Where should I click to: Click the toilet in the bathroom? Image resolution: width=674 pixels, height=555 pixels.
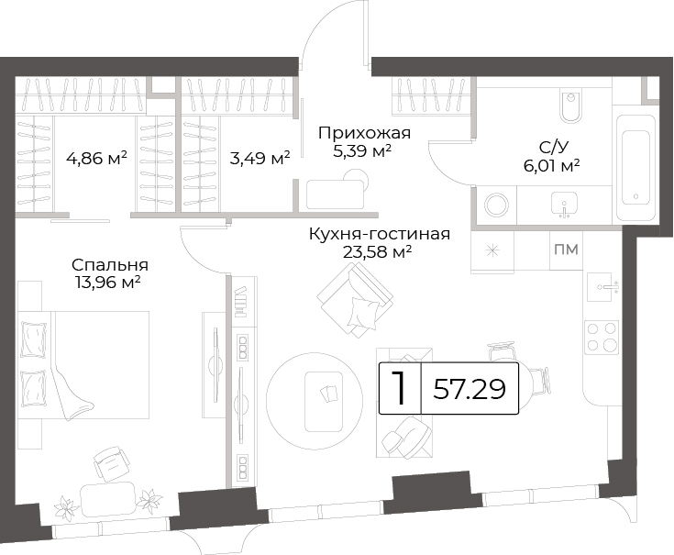tap(570, 106)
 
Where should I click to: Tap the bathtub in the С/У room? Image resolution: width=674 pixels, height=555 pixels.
tap(635, 168)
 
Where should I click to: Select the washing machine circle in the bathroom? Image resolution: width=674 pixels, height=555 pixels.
tap(497, 205)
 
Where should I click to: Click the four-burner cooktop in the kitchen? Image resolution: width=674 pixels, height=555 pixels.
tap(602, 337)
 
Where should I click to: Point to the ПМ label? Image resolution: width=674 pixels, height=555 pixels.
tap(566, 250)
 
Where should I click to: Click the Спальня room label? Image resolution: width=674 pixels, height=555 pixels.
tap(110, 265)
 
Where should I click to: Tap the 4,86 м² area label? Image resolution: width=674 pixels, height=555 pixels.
tap(96, 158)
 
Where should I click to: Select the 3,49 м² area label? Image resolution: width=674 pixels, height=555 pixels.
tap(260, 158)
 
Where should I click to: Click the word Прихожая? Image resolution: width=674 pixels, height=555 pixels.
tap(365, 133)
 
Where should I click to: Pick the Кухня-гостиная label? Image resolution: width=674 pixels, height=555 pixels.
tap(380, 234)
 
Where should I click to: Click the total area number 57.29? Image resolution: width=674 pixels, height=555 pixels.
tap(470, 389)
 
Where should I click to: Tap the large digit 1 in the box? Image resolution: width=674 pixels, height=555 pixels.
tap(400, 388)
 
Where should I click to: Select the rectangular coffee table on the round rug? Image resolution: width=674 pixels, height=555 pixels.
tap(324, 402)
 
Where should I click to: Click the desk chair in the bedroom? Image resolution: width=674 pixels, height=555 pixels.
tap(112, 464)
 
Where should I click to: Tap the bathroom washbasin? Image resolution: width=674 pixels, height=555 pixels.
tap(564, 205)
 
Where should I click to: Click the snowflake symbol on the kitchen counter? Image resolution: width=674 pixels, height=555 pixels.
tap(492, 250)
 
